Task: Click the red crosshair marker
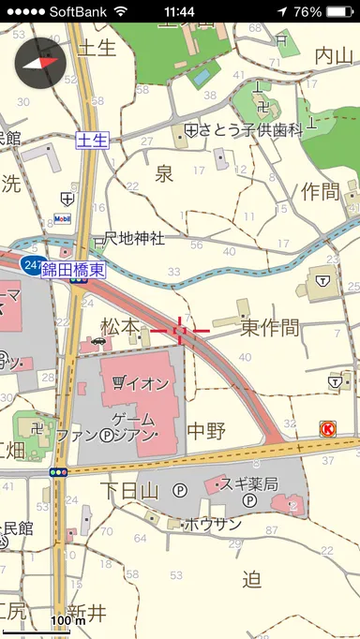tap(181, 330)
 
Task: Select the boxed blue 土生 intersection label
tap(93, 140)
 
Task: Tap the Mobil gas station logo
tap(63, 220)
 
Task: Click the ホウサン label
tap(212, 524)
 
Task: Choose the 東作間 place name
tap(269, 328)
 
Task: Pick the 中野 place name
tap(206, 431)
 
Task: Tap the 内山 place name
tap(335, 55)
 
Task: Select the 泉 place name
tap(164, 173)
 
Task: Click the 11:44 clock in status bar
tap(178, 11)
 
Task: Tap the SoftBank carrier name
tap(78, 11)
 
